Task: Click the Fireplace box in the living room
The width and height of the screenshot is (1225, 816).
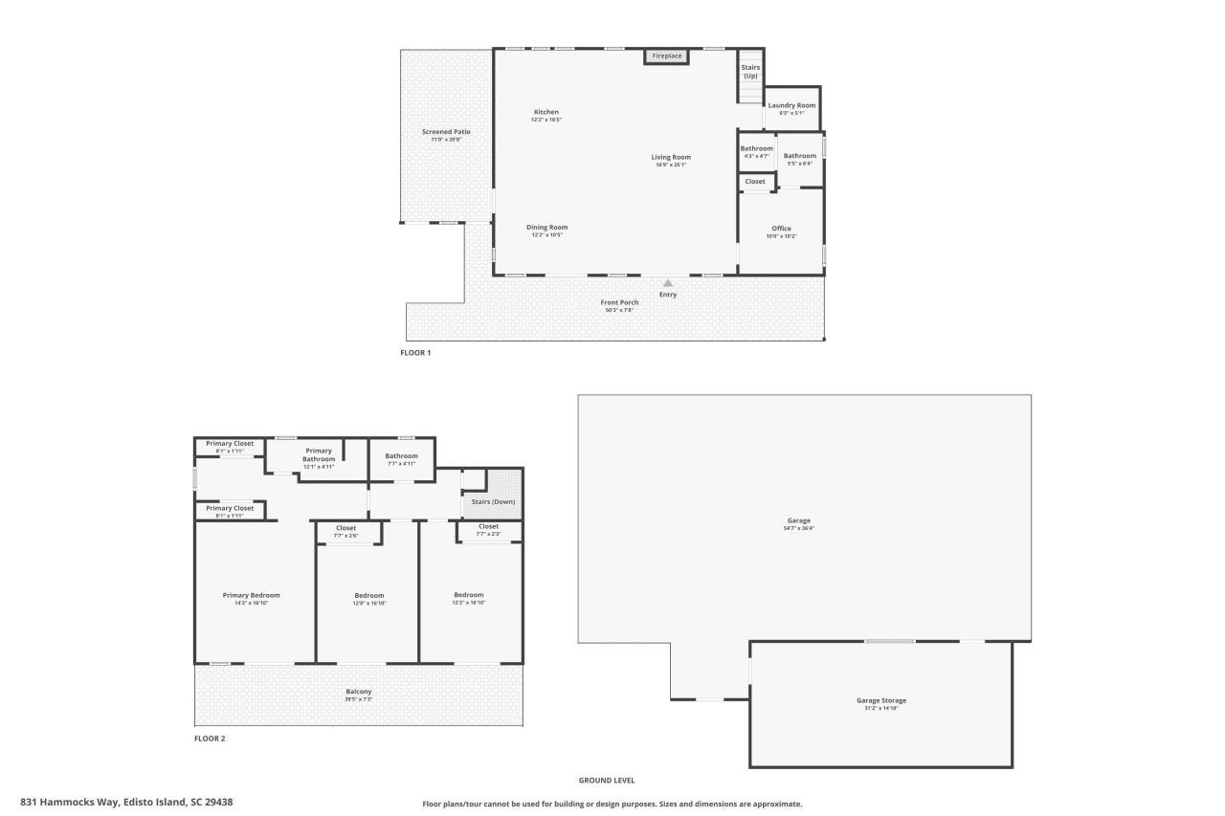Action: pos(667,56)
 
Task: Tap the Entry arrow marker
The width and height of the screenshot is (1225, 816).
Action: pos(668,282)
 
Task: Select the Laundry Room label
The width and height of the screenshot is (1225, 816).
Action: pos(791,105)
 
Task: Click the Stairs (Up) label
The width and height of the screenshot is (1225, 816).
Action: pos(750,71)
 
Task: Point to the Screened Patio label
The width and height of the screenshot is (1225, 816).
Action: pos(446,132)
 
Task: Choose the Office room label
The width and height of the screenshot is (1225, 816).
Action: pos(781,229)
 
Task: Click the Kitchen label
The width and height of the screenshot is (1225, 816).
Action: pos(546,112)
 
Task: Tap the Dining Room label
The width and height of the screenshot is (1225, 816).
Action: pos(546,228)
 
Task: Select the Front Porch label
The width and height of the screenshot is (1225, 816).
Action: pos(619,302)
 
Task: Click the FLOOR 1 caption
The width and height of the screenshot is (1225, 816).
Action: pos(415,353)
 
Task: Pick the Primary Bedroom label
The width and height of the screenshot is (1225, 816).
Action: pos(251,595)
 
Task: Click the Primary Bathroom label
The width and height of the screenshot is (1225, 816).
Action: pos(319,454)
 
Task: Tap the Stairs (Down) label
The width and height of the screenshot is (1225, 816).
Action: pos(493,501)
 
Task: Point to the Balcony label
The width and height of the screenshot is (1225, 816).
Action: pos(359,692)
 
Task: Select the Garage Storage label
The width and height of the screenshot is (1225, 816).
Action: pos(880,700)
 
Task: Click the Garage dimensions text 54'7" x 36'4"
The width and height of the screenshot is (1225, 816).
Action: pos(798,528)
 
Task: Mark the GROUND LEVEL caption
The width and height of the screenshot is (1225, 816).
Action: pos(606,781)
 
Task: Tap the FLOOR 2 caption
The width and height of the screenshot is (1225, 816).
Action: pos(210,739)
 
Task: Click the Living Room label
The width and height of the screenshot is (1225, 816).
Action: pos(671,157)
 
